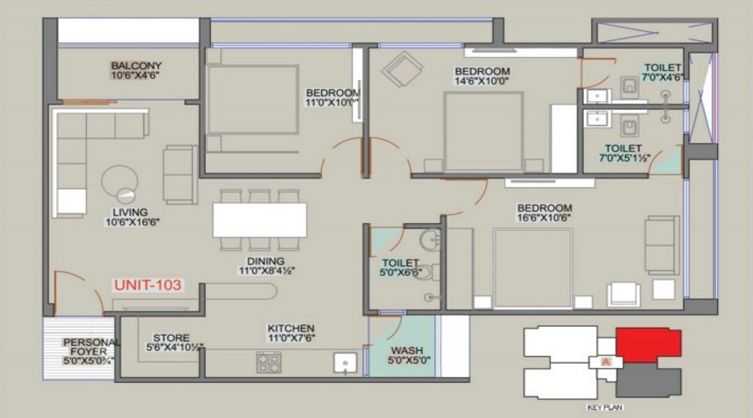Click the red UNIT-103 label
click(x=147, y=285)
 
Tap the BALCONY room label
click(x=136, y=70)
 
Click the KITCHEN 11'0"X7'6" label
click(x=290, y=334)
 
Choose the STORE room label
click(x=171, y=343)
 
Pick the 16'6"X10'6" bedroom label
click(x=544, y=213)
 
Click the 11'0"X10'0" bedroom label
click(x=332, y=97)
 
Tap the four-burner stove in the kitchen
click(x=269, y=362)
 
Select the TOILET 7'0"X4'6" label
click(x=663, y=72)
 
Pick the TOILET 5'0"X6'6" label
click(x=399, y=268)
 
